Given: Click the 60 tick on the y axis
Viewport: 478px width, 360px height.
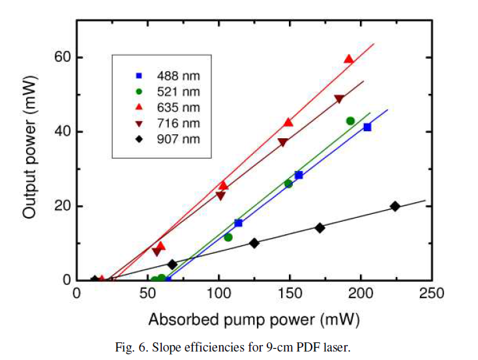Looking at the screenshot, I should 62,57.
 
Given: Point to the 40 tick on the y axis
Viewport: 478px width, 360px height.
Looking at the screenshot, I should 62,132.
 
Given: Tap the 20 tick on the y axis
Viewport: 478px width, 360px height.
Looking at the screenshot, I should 62,206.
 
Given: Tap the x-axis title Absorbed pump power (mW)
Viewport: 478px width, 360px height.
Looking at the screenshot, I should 254,320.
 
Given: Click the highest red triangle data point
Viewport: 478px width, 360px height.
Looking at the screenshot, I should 349,59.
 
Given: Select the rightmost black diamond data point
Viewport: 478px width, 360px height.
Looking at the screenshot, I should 395,206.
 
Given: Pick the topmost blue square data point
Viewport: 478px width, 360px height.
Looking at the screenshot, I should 367,127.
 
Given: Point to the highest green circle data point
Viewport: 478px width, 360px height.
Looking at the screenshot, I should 350,121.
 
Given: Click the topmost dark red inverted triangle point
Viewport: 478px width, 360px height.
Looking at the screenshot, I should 339,100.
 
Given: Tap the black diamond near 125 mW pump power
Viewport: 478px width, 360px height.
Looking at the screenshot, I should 254,243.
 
